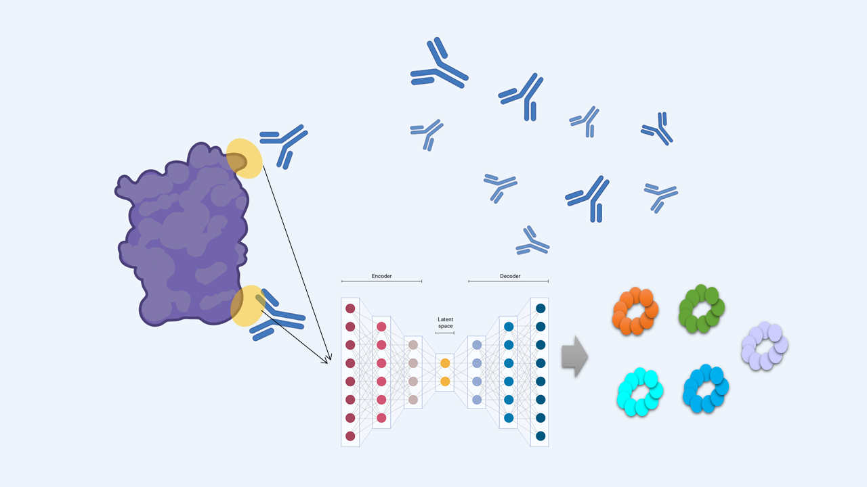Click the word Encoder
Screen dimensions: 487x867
(x=381, y=276)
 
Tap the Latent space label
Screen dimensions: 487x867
(x=445, y=323)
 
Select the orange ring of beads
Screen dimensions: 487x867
(x=635, y=311)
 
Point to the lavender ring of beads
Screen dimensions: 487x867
(x=765, y=346)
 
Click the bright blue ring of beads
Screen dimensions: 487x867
(x=706, y=388)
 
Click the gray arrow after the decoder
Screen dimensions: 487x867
(x=574, y=356)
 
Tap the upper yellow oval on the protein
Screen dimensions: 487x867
(x=244, y=158)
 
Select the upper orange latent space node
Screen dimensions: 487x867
(x=445, y=363)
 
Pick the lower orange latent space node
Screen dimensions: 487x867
(x=445, y=381)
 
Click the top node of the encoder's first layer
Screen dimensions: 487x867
(x=350, y=308)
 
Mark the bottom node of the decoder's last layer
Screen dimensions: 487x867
(x=541, y=436)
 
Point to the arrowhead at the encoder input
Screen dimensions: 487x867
(x=329, y=360)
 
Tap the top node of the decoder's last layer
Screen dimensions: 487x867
(x=541, y=308)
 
